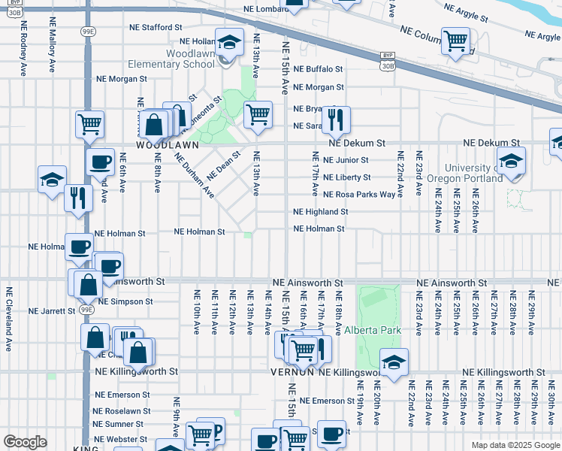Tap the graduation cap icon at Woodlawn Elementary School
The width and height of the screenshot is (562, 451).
pos(230,42)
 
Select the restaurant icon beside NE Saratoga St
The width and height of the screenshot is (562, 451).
pos(336,118)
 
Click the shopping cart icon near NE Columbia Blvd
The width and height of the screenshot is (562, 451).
pos(455,40)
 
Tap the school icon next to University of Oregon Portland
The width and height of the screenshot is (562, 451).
pos(511,161)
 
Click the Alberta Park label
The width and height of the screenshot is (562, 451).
pos(373,330)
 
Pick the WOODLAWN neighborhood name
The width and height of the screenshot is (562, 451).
pos(167,144)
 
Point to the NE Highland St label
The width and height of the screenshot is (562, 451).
pos(321,212)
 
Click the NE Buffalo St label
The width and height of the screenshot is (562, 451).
pos(318,68)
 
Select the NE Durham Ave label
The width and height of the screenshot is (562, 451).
pos(195,175)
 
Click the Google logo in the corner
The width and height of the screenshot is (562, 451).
pos(25,442)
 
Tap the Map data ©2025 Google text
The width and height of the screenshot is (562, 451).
pos(515,445)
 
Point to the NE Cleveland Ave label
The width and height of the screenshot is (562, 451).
pos(9,319)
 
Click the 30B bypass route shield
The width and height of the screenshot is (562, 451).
pos(388,66)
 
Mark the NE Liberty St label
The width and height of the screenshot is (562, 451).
pos(346,177)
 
